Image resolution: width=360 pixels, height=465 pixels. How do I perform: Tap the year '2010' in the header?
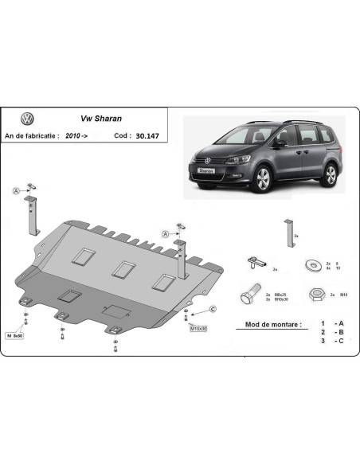[x=75, y=136]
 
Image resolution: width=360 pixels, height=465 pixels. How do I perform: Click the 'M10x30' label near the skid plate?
[x=198, y=328]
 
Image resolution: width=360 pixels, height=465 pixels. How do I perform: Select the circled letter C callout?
[x=213, y=308]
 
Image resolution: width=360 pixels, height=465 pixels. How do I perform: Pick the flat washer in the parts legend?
[x=311, y=264]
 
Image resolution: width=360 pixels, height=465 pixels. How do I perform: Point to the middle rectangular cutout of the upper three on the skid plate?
[x=122, y=268]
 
